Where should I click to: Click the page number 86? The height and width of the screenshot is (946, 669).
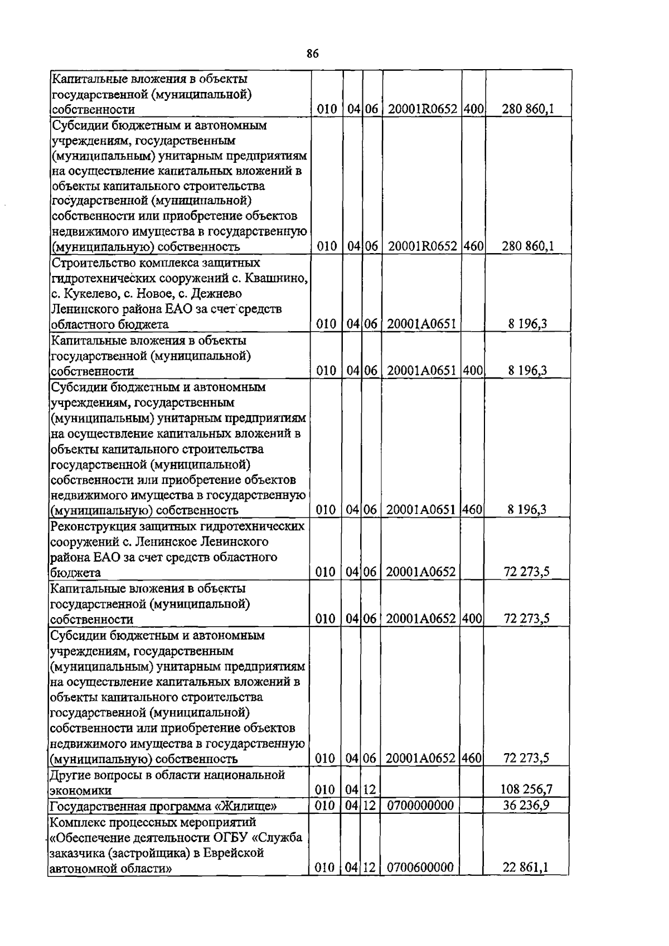pos(312,54)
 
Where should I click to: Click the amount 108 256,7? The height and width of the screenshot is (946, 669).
pos(527,789)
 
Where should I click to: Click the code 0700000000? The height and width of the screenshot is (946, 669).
pos(420,805)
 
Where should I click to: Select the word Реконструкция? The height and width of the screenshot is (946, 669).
pos(92,526)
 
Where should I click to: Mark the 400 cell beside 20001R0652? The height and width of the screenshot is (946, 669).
pos(473,109)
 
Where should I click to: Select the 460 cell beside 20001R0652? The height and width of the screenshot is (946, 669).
pos(473,246)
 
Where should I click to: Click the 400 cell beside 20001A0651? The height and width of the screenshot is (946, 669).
pos(473,371)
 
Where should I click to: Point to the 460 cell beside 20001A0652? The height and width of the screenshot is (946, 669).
pos(473,758)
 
